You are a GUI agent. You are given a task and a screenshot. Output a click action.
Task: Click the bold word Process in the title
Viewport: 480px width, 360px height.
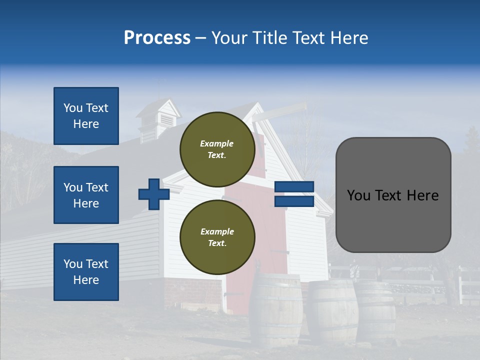click(x=157, y=38)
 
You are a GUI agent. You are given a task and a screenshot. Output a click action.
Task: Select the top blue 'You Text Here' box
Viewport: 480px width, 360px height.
click(x=86, y=116)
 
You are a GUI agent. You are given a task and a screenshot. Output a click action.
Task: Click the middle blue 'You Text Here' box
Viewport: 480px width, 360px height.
click(x=86, y=195)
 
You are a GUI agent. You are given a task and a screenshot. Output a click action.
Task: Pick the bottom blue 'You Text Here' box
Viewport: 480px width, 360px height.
click(x=86, y=272)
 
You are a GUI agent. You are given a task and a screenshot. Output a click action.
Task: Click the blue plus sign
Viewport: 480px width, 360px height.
click(x=153, y=194)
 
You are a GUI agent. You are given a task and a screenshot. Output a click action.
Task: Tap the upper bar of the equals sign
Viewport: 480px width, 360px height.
click(x=294, y=186)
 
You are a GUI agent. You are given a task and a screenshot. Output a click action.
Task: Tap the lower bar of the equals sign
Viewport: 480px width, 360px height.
click(x=294, y=201)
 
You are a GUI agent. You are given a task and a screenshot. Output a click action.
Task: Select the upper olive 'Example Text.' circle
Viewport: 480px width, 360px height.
click(x=217, y=149)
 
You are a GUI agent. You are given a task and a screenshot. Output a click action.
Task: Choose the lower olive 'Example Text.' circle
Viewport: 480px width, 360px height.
click(x=217, y=237)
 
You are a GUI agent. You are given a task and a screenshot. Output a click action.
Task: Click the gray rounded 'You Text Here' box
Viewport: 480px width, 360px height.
click(x=393, y=195)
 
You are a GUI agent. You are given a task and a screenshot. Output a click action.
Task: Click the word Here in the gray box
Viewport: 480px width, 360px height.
click(x=423, y=195)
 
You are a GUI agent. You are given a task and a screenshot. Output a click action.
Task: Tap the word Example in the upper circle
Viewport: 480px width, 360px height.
click(x=217, y=143)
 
